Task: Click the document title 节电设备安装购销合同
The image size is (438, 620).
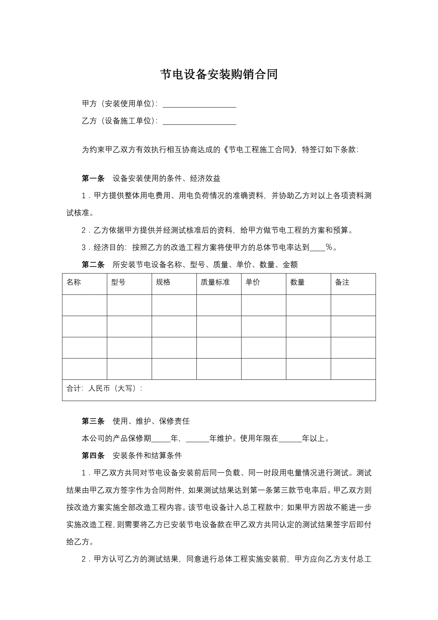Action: pos(219,74)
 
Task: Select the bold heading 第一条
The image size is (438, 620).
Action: pos(93,178)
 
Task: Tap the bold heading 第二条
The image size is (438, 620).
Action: pos(93,265)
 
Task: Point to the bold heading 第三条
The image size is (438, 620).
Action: pos(93,421)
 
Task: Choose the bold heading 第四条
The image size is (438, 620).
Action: pos(93,456)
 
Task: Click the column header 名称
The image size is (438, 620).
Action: pos(74,282)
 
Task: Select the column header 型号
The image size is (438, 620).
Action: pos(119,282)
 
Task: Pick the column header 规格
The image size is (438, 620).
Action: pos(163,282)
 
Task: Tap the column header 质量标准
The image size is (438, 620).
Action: pos(215,282)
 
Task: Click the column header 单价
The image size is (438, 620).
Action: pos(253,282)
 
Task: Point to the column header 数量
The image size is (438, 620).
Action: pos(297,282)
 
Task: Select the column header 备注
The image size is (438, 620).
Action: pos(342,282)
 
